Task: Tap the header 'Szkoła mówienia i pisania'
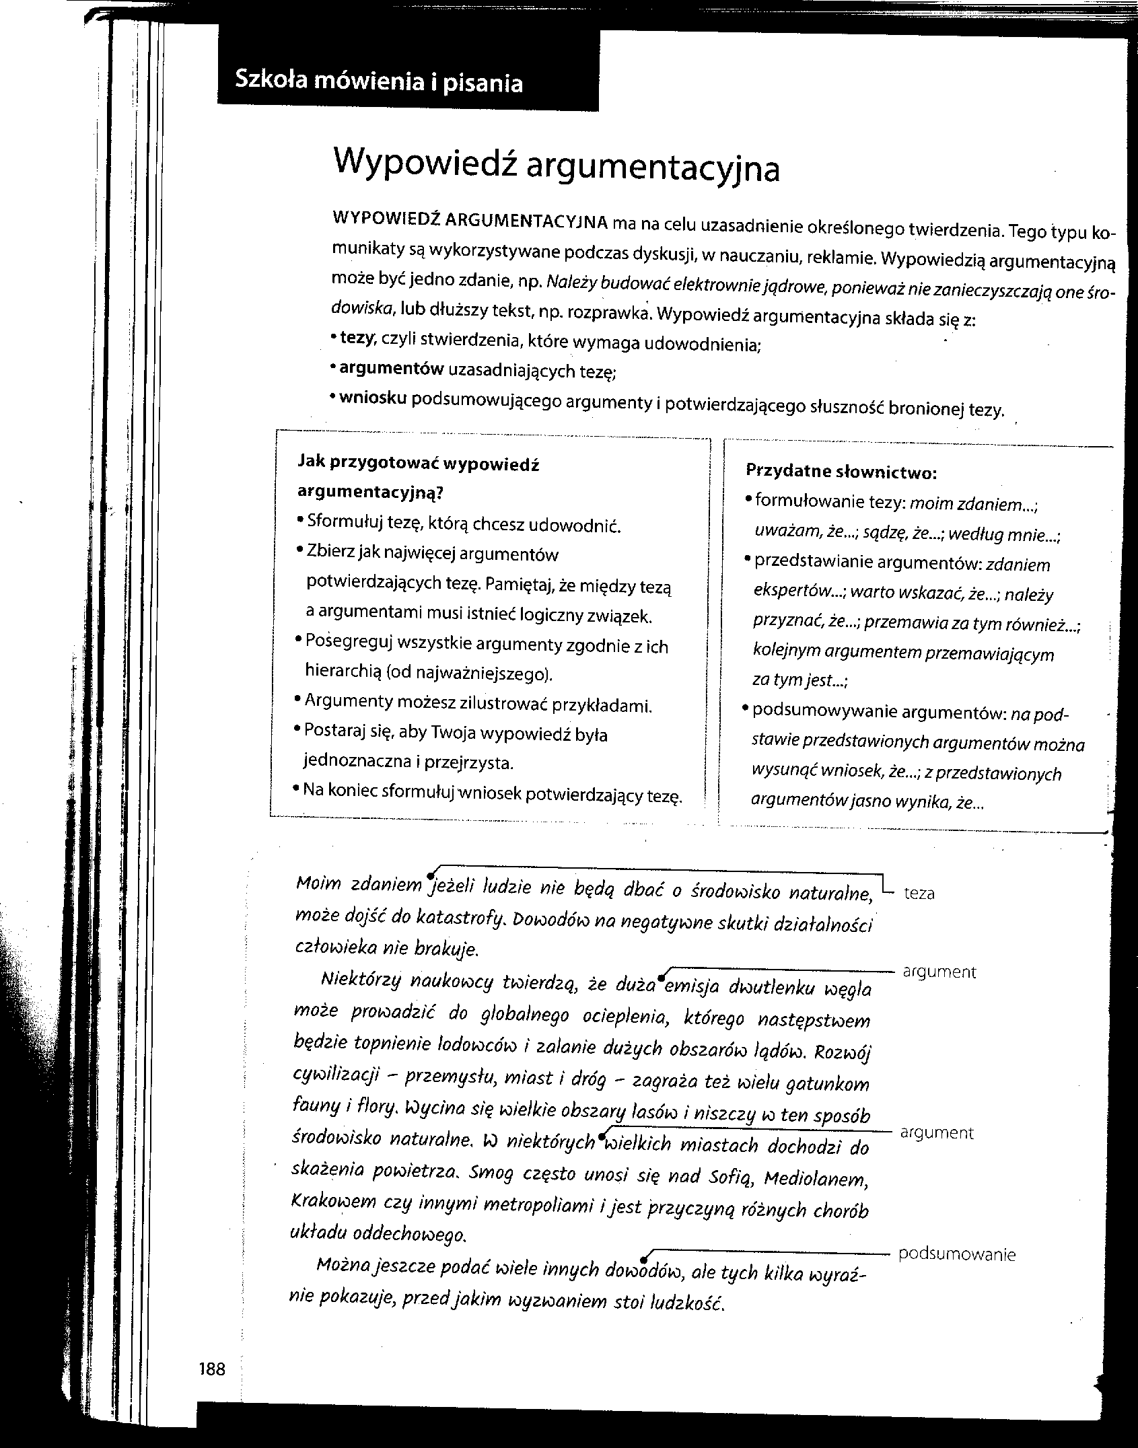click(378, 82)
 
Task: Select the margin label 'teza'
click(919, 894)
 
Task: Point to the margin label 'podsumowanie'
click(956, 1254)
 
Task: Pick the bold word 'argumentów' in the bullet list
click(391, 368)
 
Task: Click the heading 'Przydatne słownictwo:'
click(842, 472)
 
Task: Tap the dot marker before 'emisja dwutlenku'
click(662, 978)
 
